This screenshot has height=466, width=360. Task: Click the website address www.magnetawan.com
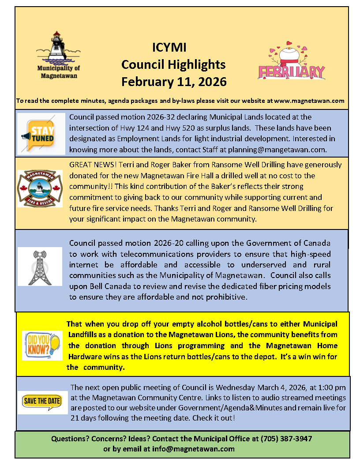[309, 101]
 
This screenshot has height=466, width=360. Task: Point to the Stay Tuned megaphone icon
[41, 134]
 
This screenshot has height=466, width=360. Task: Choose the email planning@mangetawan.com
[277, 149]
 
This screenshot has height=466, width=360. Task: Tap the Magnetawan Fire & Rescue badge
[40, 188]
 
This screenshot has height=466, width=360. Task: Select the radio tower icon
[39, 267]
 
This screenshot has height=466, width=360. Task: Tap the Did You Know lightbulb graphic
[42, 346]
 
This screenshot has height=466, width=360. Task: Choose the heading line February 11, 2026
[174, 82]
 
